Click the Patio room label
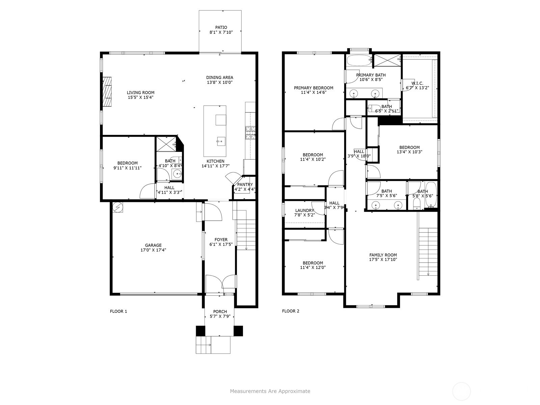[221, 27]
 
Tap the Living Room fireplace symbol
[107, 92]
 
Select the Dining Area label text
[219, 78]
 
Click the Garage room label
[153, 245]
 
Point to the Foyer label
[221, 240]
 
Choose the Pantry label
[245, 184]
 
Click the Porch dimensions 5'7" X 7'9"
[220, 316]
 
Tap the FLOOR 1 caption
[118, 311]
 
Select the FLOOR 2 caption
[291, 311]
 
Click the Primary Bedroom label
[314, 88]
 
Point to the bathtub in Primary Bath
[359, 60]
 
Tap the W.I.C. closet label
[417, 83]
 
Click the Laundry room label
[304, 211]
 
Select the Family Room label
[383, 255]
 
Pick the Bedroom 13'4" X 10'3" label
[409, 150]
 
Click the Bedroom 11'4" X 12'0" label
[313, 265]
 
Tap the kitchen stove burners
[250, 133]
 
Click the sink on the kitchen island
[221, 141]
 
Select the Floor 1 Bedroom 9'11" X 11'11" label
[127, 165]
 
